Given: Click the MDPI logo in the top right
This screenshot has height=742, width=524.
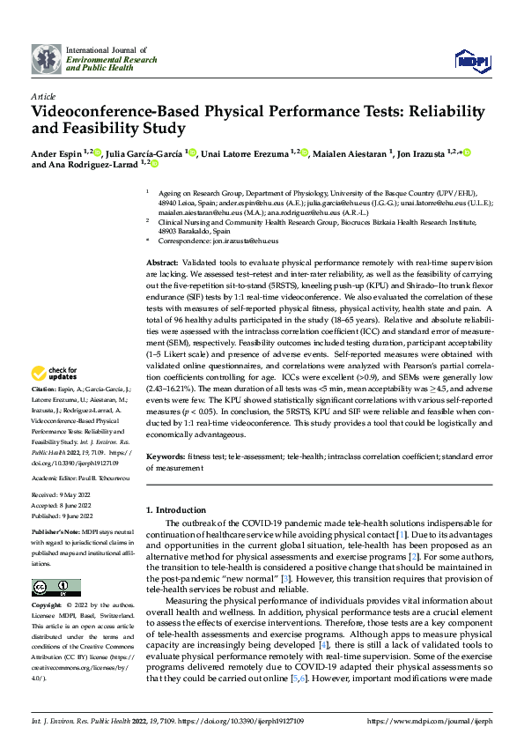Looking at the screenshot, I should click(x=471, y=59).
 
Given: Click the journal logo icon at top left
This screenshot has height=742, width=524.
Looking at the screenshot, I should click(x=46, y=59).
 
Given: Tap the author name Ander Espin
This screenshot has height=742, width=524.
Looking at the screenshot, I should click(x=55, y=153).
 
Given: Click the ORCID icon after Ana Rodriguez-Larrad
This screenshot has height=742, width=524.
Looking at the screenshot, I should click(x=154, y=164).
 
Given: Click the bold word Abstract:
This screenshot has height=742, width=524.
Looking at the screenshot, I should click(x=161, y=263).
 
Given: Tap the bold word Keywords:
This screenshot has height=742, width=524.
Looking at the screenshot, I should click(x=165, y=457).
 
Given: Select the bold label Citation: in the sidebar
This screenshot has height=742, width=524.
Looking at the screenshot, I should click(x=44, y=414).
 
